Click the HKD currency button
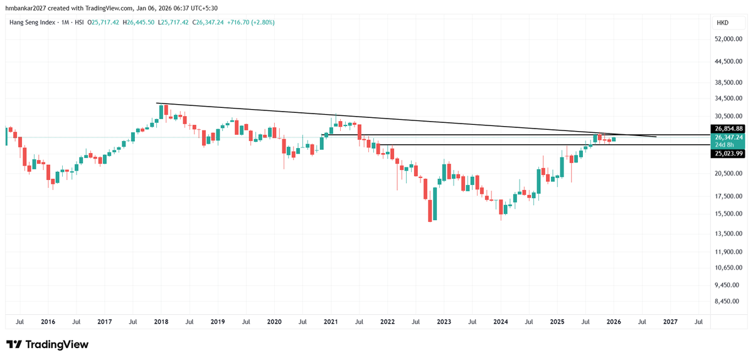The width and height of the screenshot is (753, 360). pyautogui.click(x=722, y=23)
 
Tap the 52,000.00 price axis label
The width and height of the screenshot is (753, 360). pyautogui.click(x=729, y=39)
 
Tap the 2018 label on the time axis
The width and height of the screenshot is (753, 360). pyautogui.click(x=161, y=322)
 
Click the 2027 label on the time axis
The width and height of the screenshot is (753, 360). pyautogui.click(x=670, y=322)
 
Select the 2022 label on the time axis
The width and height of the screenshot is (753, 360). pyautogui.click(x=387, y=322)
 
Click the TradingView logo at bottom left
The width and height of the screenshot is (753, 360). pyautogui.click(x=47, y=344)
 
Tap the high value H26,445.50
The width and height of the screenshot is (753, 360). pyautogui.click(x=140, y=23)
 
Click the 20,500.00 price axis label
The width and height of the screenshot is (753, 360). pyautogui.click(x=729, y=174)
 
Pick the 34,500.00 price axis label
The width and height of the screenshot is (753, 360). pyautogui.click(x=729, y=98)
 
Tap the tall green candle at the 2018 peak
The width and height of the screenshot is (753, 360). pyautogui.click(x=161, y=112)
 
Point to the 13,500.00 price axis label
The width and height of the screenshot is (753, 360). pyautogui.click(x=729, y=234)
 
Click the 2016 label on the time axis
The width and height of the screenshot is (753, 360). pyautogui.click(x=48, y=322)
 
